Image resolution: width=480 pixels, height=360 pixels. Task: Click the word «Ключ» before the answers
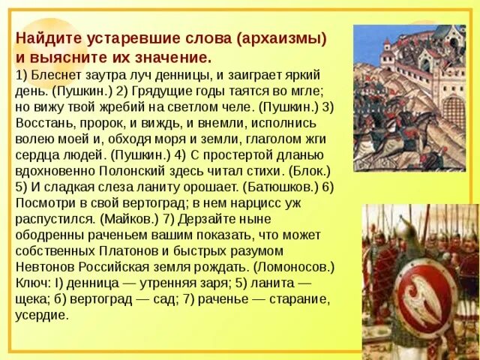[x=31, y=283]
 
